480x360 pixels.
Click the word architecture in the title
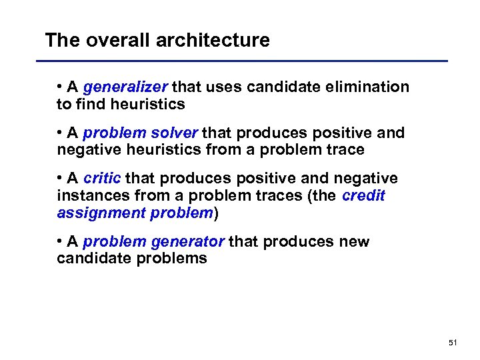[x=213, y=41]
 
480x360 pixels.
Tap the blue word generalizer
[x=126, y=87]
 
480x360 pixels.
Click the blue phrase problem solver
[x=141, y=133]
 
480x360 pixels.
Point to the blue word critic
[x=102, y=179]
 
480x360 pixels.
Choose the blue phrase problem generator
[x=154, y=241]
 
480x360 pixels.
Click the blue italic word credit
[x=363, y=196]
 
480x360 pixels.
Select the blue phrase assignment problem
[x=134, y=213]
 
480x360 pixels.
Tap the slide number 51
[x=453, y=343]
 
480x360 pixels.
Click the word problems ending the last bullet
[x=172, y=258]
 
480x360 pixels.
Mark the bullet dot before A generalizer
[x=60, y=87]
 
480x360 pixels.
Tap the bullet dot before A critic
[x=60, y=179]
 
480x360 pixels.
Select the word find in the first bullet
[x=89, y=104]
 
